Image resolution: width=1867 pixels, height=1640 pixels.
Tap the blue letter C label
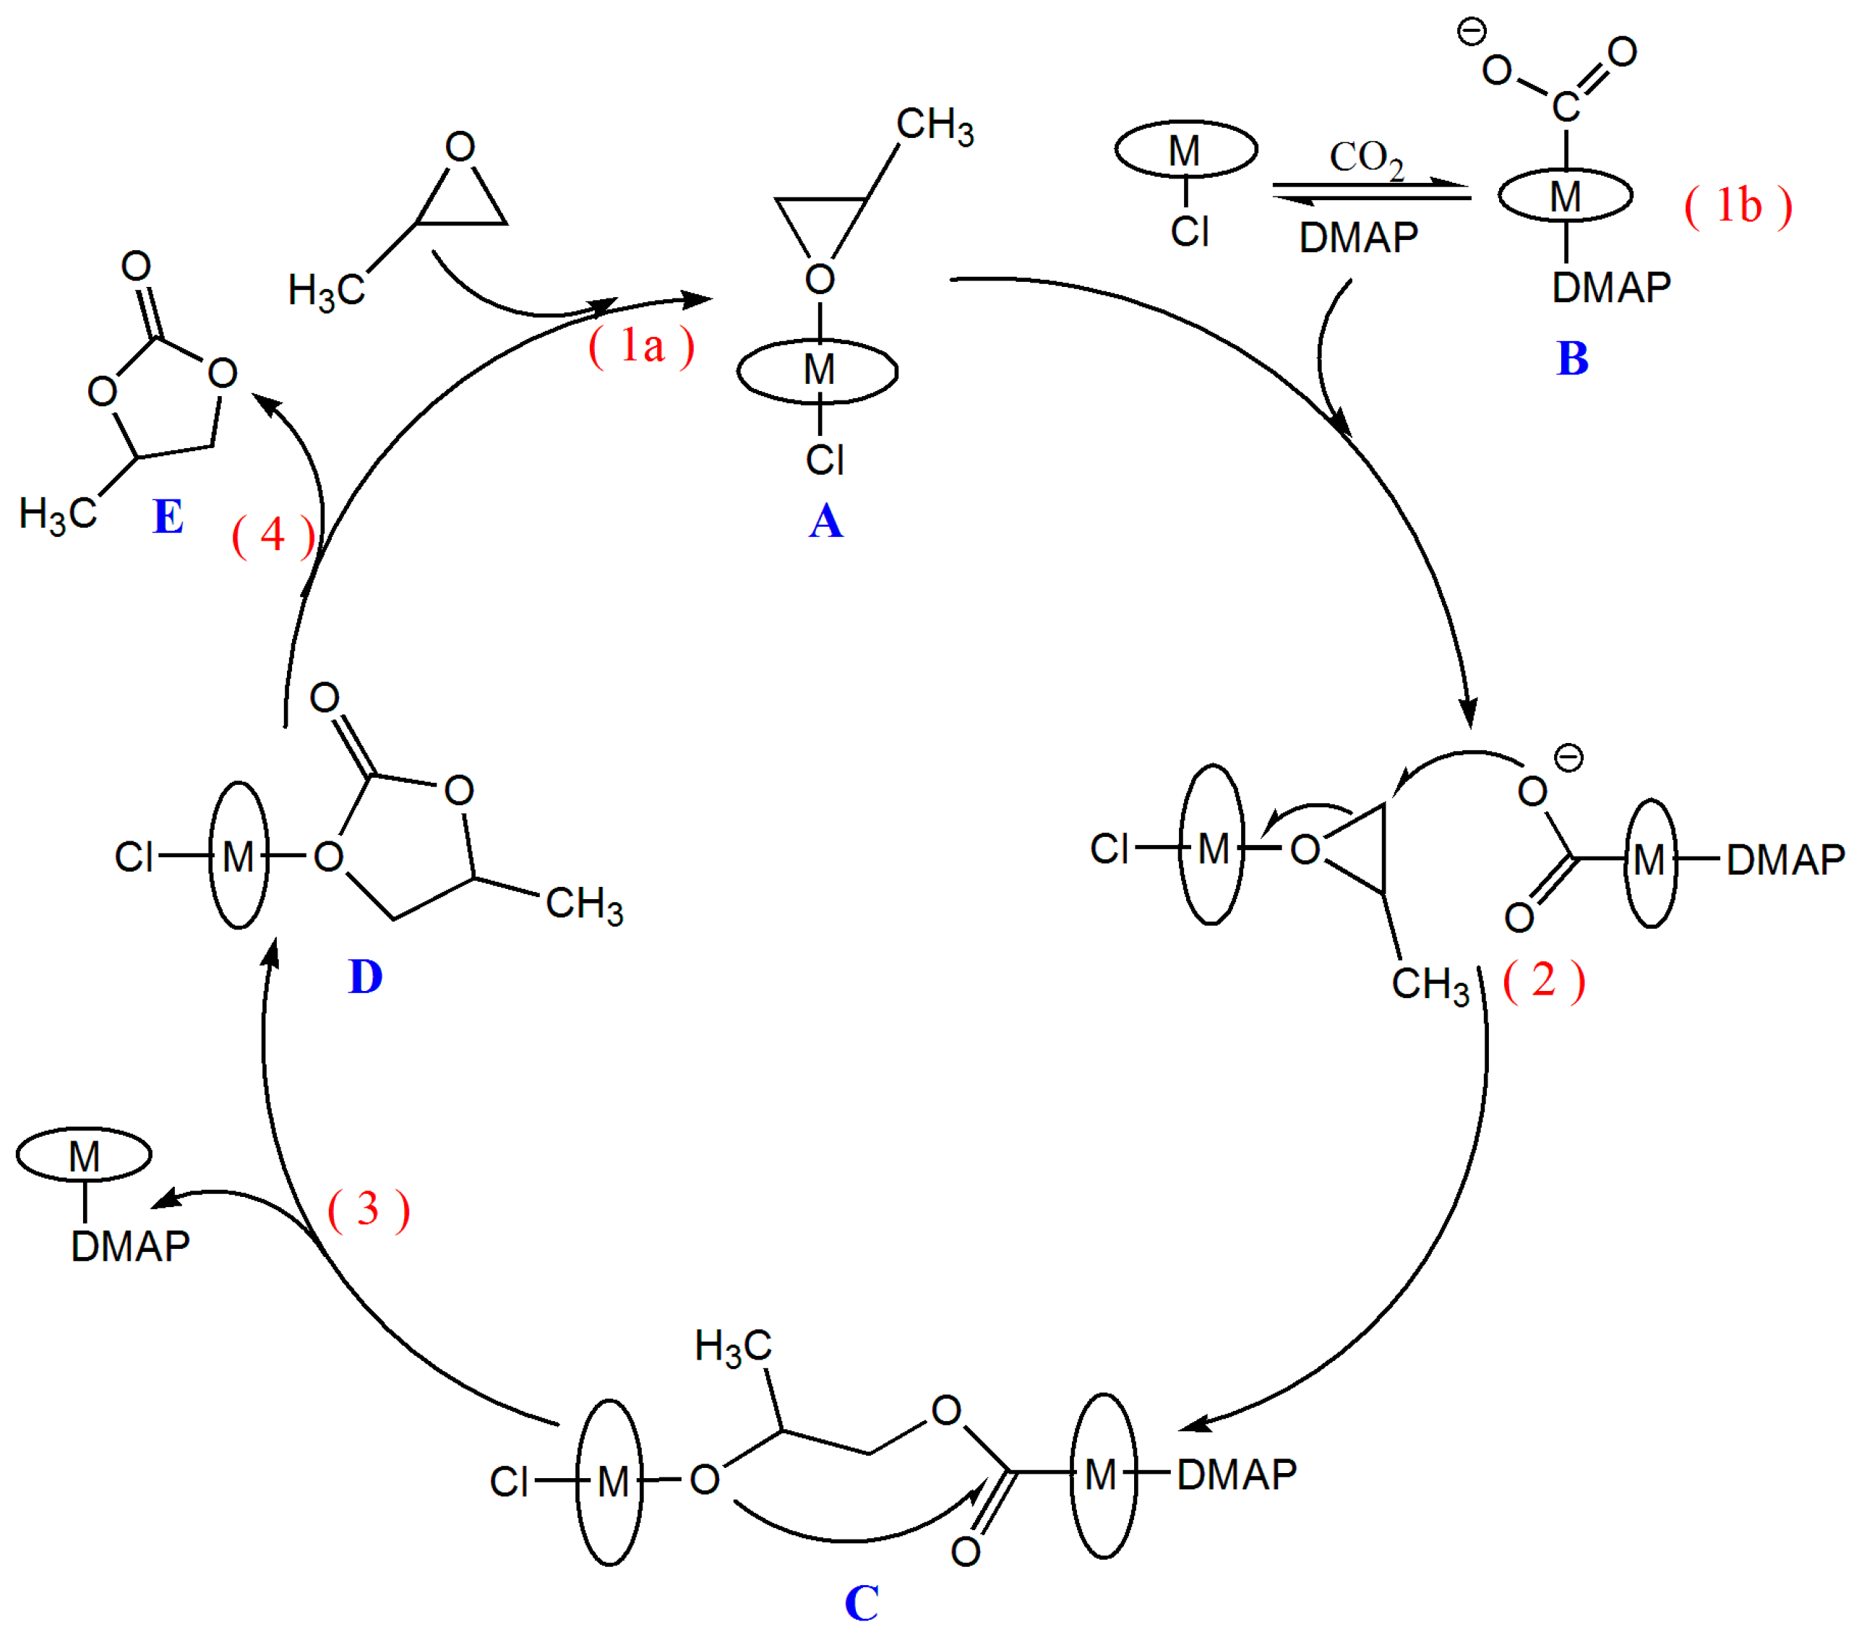click(x=862, y=1603)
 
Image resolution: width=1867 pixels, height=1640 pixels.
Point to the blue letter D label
click(x=365, y=977)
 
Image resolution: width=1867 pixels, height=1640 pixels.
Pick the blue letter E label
click(x=168, y=516)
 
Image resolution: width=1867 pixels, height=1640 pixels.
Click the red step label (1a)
click(x=641, y=346)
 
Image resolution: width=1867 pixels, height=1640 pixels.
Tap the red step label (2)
click(x=1545, y=981)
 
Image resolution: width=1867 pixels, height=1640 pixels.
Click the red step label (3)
click(x=368, y=1210)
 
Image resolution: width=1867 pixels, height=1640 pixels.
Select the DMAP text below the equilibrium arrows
click(x=1358, y=239)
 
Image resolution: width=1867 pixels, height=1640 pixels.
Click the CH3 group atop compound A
click(x=935, y=125)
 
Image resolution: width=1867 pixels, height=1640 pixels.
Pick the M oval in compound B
click(x=1566, y=195)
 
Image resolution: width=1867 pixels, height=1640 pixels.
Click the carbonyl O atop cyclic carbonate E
click(x=136, y=266)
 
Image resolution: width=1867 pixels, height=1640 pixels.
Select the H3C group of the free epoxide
click(x=326, y=291)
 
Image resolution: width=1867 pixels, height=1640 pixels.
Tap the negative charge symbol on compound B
click(x=1472, y=33)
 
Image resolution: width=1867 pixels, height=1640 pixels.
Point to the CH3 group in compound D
click(x=585, y=904)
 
